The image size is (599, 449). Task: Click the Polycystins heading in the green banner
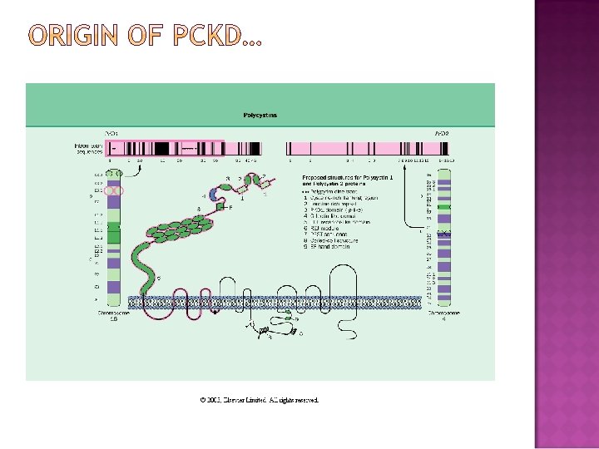[x=260, y=116]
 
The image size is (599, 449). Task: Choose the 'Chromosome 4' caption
[x=443, y=317]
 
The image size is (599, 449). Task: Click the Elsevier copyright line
[x=260, y=400]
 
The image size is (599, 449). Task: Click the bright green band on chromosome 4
[x=444, y=206]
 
